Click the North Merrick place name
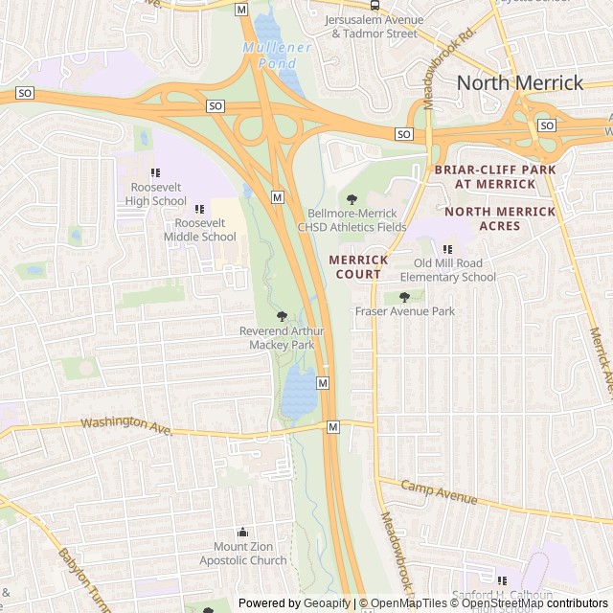click(x=519, y=82)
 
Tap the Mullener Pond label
click(x=277, y=55)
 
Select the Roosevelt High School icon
click(x=155, y=172)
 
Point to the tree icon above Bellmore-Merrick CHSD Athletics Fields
click(x=352, y=199)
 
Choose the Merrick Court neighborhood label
click(x=358, y=266)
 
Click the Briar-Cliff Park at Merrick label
click(x=495, y=176)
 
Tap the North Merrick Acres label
click(x=499, y=218)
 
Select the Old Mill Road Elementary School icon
click(x=446, y=249)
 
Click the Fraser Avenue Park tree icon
click(x=404, y=297)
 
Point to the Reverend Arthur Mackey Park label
click(x=282, y=337)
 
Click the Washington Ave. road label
click(x=126, y=424)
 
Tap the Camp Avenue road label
click(x=439, y=493)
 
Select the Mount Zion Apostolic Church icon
click(x=242, y=533)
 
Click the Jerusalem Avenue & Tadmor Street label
click(x=374, y=26)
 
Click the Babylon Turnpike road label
click(x=84, y=579)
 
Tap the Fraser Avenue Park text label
click(x=404, y=311)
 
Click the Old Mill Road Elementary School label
click(x=454, y=270)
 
